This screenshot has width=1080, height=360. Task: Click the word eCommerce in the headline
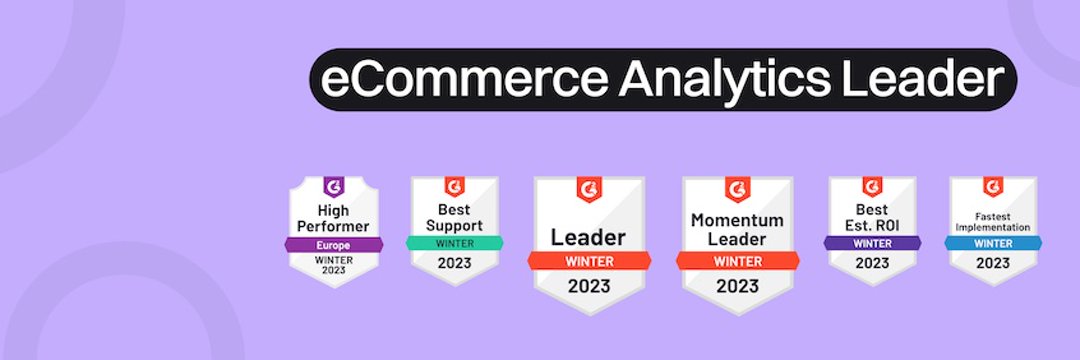tap(464, 80)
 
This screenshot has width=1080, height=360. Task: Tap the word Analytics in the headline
tap(725, 81)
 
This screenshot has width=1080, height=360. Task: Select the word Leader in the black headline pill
tap(923, 80)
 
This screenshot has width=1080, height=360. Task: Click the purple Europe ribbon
tap(333, 245)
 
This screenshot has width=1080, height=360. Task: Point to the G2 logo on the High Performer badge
tap(334, 187)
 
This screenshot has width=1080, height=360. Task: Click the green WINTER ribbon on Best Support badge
tap(455, 243)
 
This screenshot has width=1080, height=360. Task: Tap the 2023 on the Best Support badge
tap(455, 263)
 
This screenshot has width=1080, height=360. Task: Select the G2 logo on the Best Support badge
tap(455, 186)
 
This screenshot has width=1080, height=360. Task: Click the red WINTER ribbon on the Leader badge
tap(589, 262)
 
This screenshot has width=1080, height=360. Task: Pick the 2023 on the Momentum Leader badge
tap(737, 286)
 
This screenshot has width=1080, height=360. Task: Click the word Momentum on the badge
tap(737, 220)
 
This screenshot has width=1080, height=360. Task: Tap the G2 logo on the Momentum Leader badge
tap(737, 189)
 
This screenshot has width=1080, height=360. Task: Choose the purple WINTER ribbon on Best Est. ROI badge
tap(873, 243)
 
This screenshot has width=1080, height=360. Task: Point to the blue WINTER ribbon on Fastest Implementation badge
tap(993, 243)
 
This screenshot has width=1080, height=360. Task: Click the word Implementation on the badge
tap(993, 227)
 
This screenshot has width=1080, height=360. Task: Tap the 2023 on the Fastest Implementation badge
tap(993, 263)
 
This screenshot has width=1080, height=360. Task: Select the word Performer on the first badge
tap(334, 226)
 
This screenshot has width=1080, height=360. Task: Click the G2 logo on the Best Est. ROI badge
tap(873, 186)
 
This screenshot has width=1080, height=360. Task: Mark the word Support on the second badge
tap(455, 226)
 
